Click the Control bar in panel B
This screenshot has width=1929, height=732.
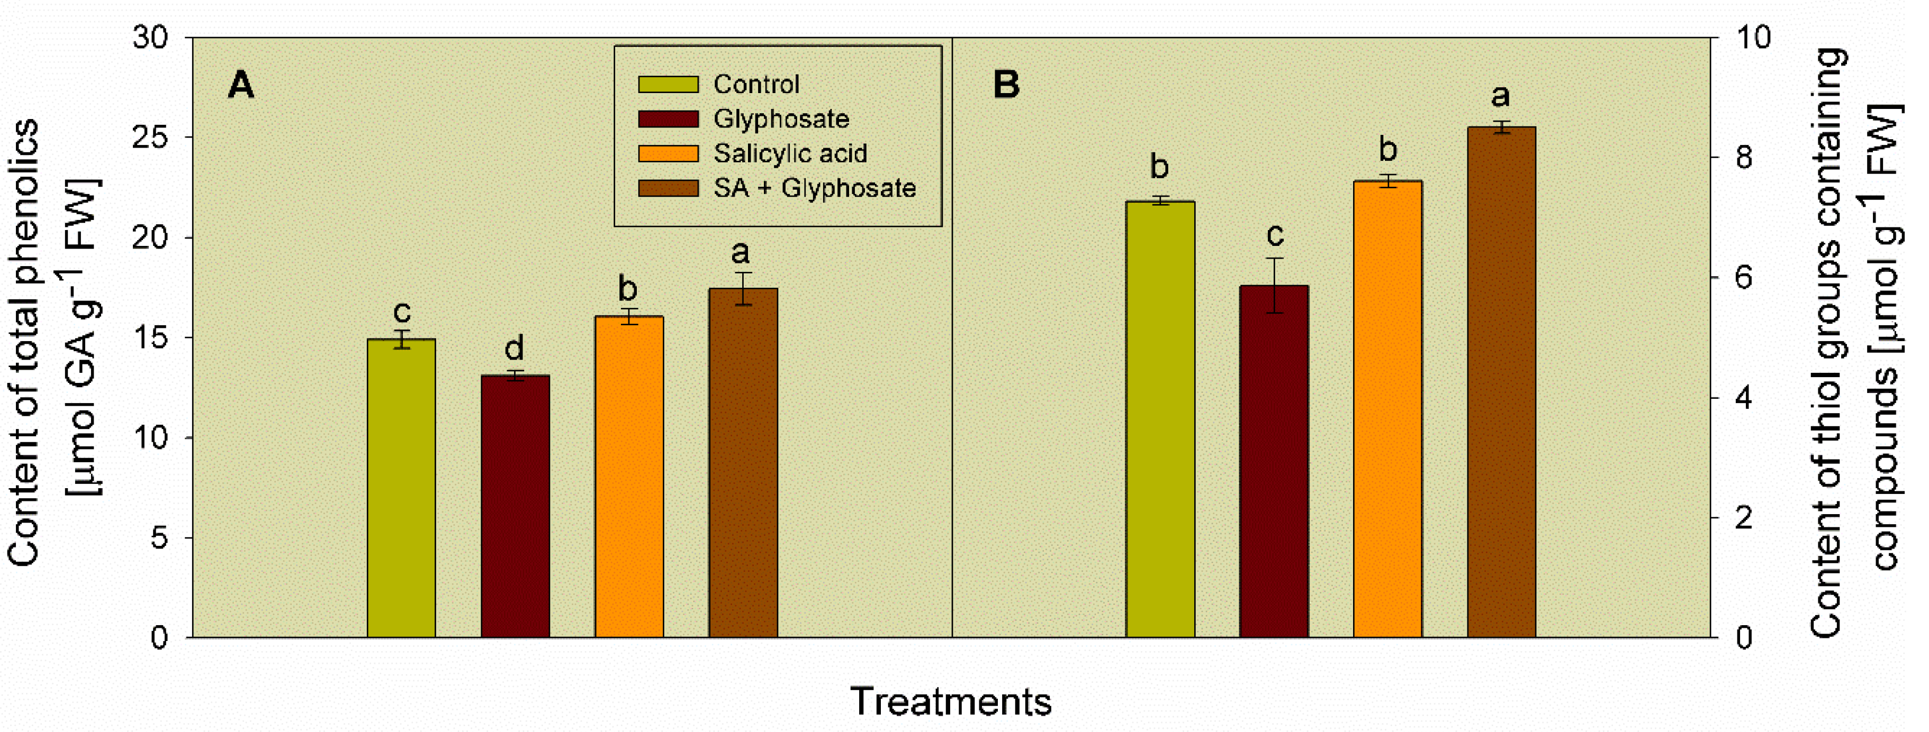click(1160, 419)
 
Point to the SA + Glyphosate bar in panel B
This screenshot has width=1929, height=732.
click(1501, 382)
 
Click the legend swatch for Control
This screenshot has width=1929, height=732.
click(668, 84)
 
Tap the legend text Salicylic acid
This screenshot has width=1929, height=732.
click(790, 153)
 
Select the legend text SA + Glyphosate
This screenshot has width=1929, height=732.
click(814, 188)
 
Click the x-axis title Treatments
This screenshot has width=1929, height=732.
click(950, 701)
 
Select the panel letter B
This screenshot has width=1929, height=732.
click(1006, 85)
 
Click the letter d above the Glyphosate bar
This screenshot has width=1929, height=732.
click(513, 348)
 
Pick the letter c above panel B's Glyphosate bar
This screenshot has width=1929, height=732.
click(1275, 235)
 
